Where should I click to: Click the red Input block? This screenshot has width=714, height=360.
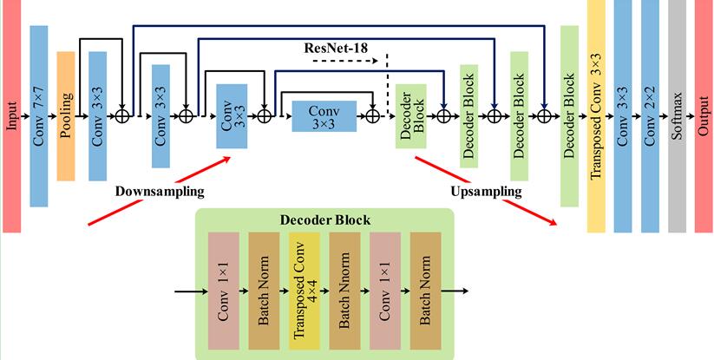click(11, 117)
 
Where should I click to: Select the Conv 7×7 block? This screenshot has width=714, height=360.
click(38, 117)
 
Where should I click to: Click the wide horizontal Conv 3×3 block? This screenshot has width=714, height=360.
click(321, 115)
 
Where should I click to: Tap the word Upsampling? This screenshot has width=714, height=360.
click(487, 190)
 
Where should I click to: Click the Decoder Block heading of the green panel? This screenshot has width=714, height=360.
click(325, 220)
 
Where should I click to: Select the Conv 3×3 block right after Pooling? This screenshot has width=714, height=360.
click(97, 116)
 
